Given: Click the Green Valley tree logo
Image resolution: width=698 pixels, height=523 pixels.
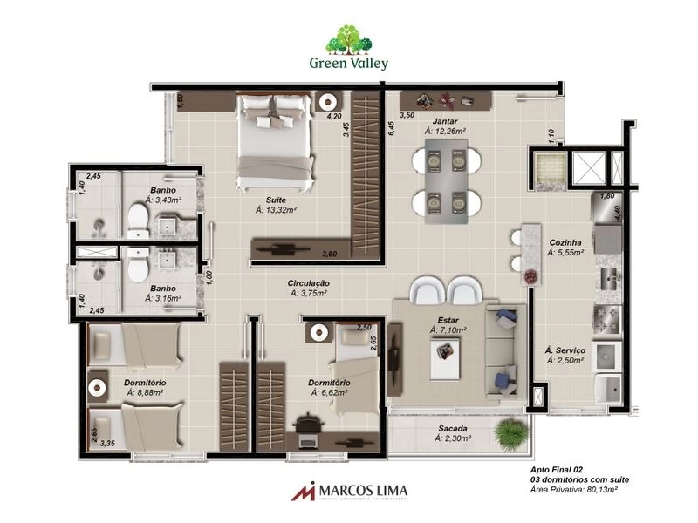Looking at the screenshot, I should tap(349, 40).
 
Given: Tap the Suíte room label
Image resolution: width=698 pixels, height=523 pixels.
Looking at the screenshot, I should tap(276, 199).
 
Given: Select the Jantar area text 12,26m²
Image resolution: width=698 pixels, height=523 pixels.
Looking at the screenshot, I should tap(444, 132).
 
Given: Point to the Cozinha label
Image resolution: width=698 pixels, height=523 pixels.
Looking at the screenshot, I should tap(565, 241).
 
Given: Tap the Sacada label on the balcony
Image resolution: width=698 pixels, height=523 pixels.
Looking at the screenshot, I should tap(453, 430).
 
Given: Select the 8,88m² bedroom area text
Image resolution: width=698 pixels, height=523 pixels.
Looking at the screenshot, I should tap(146, 393).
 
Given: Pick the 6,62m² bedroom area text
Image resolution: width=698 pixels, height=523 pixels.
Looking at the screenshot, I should tap(329, 393).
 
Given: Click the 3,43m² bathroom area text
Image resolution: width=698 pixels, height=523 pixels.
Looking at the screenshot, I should tap(163, 200).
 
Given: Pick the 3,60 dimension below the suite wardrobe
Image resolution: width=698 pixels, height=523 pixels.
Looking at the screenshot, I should tap(329, 254).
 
